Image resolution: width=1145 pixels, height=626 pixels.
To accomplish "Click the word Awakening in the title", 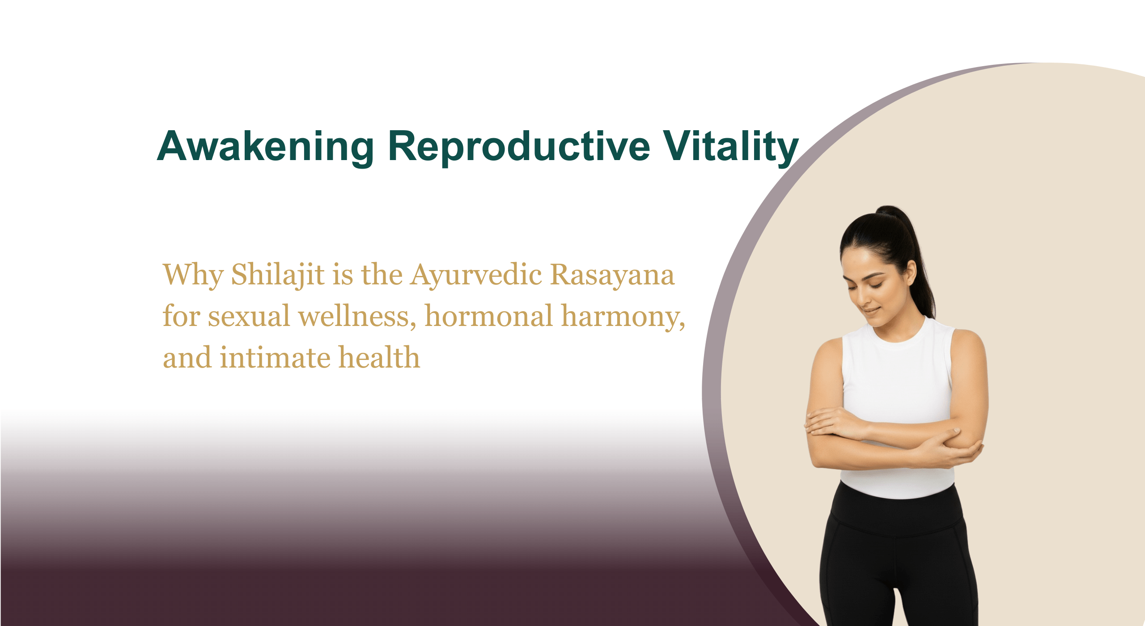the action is [x=266, y=147].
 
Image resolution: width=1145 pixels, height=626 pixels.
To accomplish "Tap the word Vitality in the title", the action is [x=731, y=147].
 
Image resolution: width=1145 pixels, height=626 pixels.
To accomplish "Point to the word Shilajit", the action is [x=278, y=275].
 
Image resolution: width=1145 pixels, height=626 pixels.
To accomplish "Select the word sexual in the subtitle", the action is [x=249, y=316].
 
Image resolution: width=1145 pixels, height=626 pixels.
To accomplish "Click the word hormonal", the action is [x=489, y=316].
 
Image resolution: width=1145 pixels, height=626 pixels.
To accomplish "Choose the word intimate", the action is [x=275, y=358].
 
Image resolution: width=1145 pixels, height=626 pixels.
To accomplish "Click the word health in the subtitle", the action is [x=379, y=357].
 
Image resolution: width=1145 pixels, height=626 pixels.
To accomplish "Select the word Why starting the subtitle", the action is [x=193, y=275].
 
